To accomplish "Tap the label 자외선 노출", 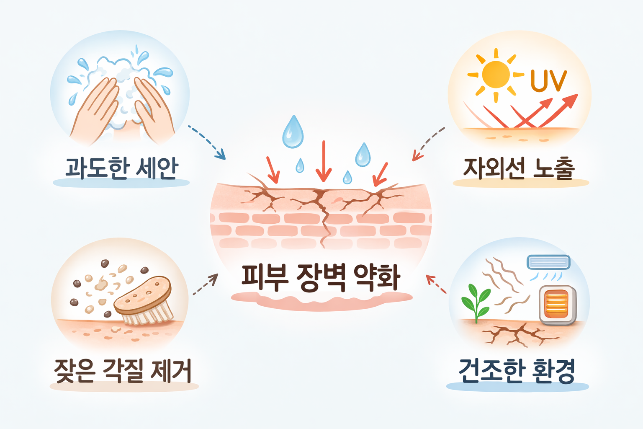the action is pos(519,168).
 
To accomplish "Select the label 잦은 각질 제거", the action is pos(123,371).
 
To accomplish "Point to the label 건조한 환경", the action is pos(517,371).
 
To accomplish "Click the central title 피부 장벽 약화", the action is pos(321,277).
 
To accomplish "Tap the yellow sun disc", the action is pos(496,75).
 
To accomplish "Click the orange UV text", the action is pos(548,81).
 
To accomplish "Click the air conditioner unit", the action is pos(548,262).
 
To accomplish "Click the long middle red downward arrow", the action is pos(323,161).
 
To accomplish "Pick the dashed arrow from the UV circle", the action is pos(428,144).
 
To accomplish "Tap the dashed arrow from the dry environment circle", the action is pos(436,284).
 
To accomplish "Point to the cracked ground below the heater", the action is pos(519,333).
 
